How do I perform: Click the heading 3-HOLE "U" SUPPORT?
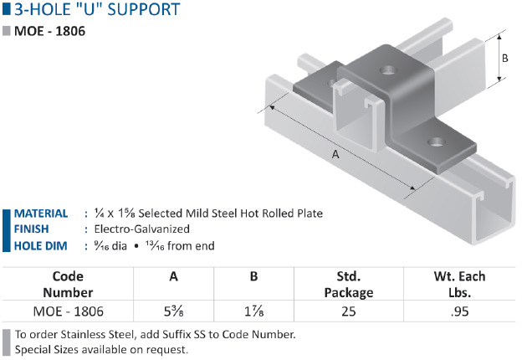click(97, 9)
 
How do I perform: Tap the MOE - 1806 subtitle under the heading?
click(49, 31)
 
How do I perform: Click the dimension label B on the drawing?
click(504, 59)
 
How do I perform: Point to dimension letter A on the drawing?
click(335, 154)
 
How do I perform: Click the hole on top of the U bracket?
click(388, 70)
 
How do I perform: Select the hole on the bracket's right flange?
click(437, 142)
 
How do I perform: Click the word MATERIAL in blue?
click(41, 213)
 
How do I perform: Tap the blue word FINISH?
click(31, 229)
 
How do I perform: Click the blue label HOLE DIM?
click(40, 246)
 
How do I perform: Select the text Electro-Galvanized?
click(142, 229)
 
